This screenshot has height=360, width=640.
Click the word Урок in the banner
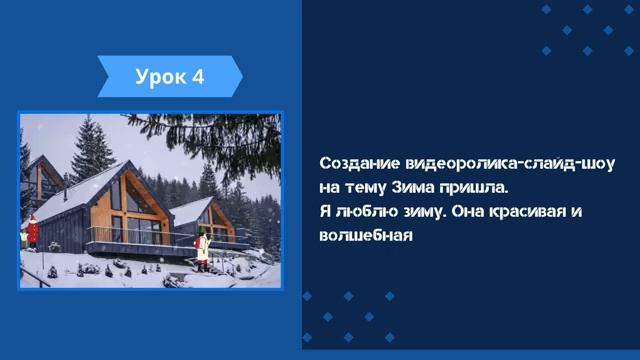tap(156, 77)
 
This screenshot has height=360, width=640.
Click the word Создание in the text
tap(355, 163)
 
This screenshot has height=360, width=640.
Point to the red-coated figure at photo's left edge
tap(32, 231)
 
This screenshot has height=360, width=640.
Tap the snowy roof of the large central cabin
tap(80, 190)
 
